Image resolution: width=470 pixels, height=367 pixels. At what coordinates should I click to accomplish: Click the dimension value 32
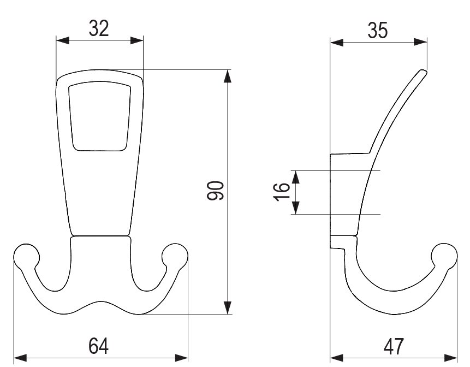click(x=99, y=29)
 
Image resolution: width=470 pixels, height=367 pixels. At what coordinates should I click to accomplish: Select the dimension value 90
click(x=215, y=191)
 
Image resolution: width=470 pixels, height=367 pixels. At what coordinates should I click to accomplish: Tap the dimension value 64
click(x=99, y=346)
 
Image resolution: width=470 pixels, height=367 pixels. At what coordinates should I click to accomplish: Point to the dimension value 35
click(x=378, y=31)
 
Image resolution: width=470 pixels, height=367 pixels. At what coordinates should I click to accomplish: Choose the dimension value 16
click(x=282, y=192)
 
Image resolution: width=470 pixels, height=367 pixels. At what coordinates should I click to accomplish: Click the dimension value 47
click(x=394, y=347)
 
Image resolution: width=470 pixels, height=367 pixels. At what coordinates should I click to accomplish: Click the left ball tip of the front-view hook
click(x=26, y=256)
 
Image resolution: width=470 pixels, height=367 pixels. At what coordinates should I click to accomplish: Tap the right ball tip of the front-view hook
click(x=175, y=256)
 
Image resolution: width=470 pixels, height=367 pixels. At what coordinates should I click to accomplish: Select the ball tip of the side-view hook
click(x=444, y=256)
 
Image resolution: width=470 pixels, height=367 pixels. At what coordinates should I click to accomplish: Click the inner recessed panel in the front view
click(x=100, y=116)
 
